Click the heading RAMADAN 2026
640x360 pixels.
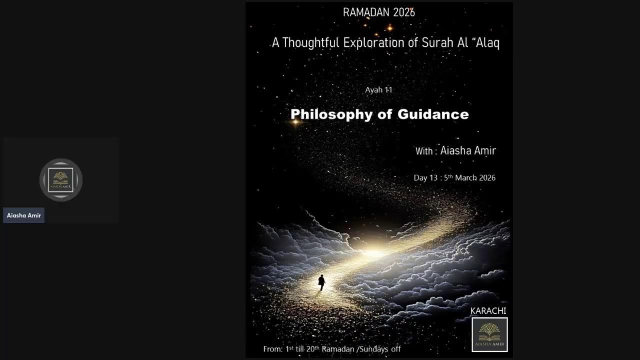coord(378,12)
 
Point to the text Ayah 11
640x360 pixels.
coord(378,90)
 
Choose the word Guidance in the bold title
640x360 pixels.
coord(433,114)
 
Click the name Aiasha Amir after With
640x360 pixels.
coord(468,150)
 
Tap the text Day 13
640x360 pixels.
coord(425,178)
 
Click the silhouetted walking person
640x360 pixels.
coord(321,282)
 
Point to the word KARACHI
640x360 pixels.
coord(488,311)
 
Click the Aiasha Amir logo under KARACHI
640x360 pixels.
coord(489,334)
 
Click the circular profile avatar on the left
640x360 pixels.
coord(61,180)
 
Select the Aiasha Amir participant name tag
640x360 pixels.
coord(24,215)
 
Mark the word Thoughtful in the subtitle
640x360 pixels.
coord(310,42)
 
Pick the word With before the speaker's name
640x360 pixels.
coord(424,151)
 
